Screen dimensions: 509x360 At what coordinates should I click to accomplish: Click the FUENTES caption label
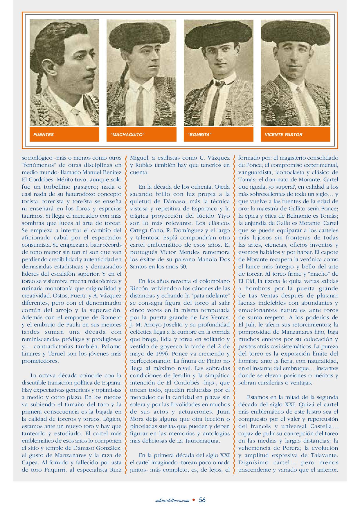click(44, 135)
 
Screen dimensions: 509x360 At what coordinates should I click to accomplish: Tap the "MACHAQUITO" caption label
click(127, 135)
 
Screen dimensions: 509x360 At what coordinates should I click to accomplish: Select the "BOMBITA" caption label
click(199, 135)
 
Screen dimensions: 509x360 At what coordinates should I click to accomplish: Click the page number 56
click(202, 500)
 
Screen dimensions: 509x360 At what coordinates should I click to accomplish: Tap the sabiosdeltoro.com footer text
click(172, 500)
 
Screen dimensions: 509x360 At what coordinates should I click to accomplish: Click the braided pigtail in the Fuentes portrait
click(41, 84)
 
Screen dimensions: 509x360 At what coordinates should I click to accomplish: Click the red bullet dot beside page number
click(194, 500)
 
